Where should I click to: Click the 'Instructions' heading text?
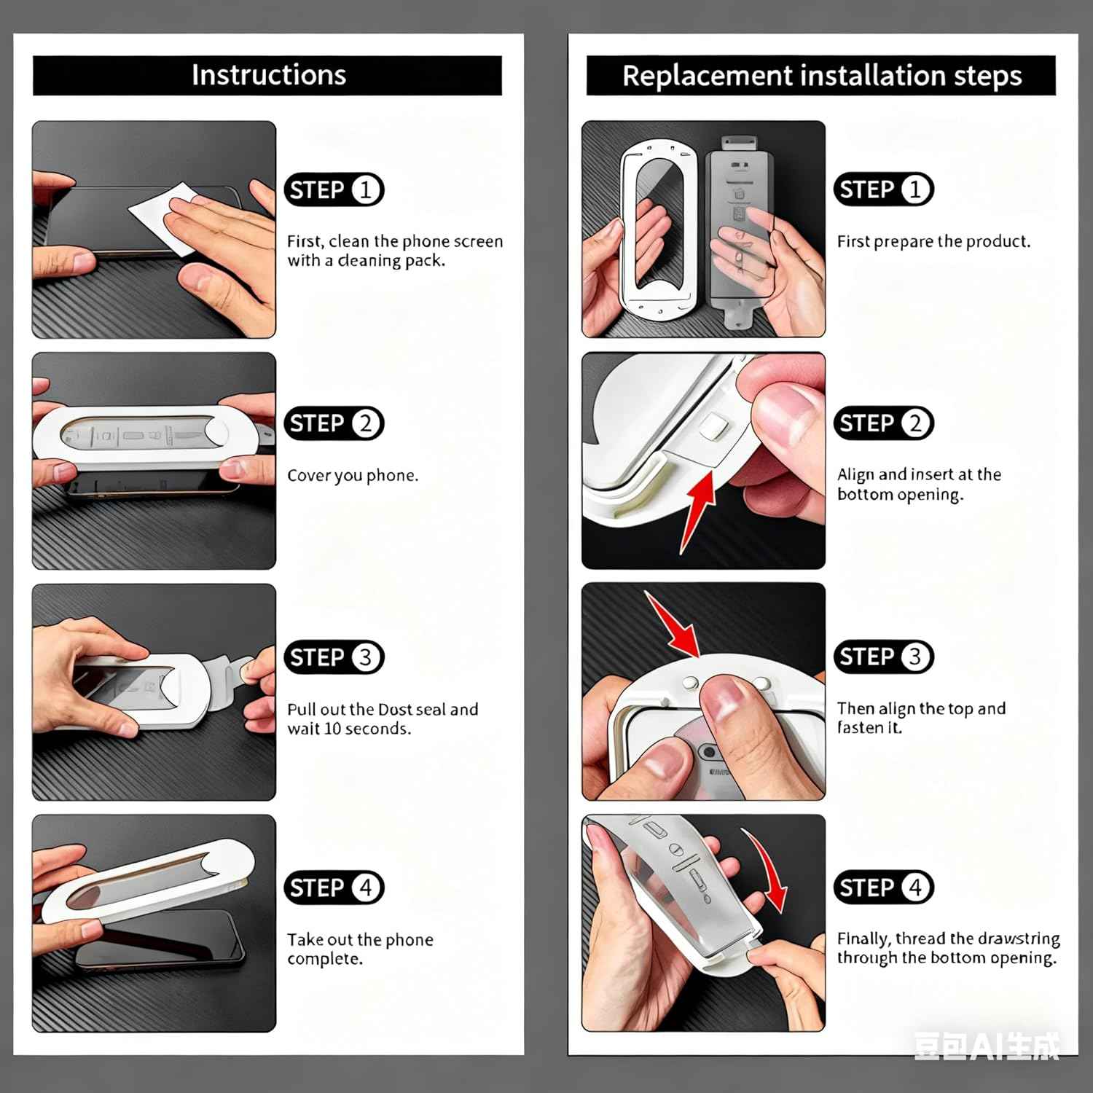268,75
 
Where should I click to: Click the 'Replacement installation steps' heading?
822,76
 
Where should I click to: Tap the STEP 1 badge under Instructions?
334,190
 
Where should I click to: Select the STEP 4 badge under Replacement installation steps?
884,888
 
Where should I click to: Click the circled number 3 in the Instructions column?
366,657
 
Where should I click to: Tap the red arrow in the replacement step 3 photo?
673,624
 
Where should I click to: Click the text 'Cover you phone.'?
353,476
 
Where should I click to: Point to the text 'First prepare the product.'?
933,242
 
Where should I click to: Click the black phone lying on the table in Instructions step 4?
160,939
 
